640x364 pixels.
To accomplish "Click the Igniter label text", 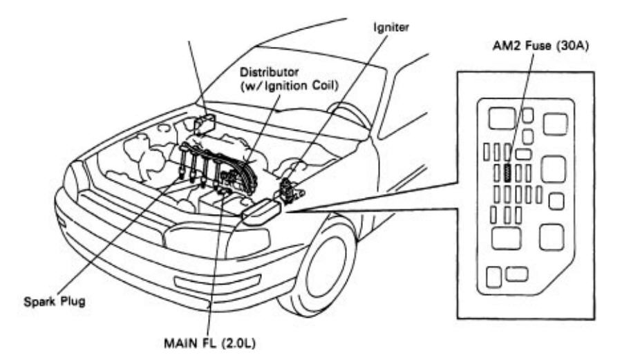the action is click(391, 28).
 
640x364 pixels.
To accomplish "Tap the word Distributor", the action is click(269, 73).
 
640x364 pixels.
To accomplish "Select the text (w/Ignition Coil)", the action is click(290, 86).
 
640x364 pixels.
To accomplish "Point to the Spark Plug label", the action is click(55, 302).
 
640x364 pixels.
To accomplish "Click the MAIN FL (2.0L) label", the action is click(209, 343).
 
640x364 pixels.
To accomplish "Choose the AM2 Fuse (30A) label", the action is click(540, 46).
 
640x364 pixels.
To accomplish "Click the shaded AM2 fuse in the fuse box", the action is click(508, 173).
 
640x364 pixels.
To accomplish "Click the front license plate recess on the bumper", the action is click(217, 282).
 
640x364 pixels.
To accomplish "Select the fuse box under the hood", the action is click(262, 211).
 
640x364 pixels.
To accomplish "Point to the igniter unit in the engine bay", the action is click(290, 190).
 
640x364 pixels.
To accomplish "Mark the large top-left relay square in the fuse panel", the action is click(502, 118).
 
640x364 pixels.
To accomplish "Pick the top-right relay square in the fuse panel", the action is click(555, 124).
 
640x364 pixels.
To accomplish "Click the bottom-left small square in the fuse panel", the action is click(494, 277).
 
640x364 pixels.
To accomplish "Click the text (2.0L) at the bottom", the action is click(238, 343).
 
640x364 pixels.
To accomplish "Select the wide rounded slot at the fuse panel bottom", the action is click(517, 274).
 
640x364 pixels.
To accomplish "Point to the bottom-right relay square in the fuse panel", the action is click(552, 237).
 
